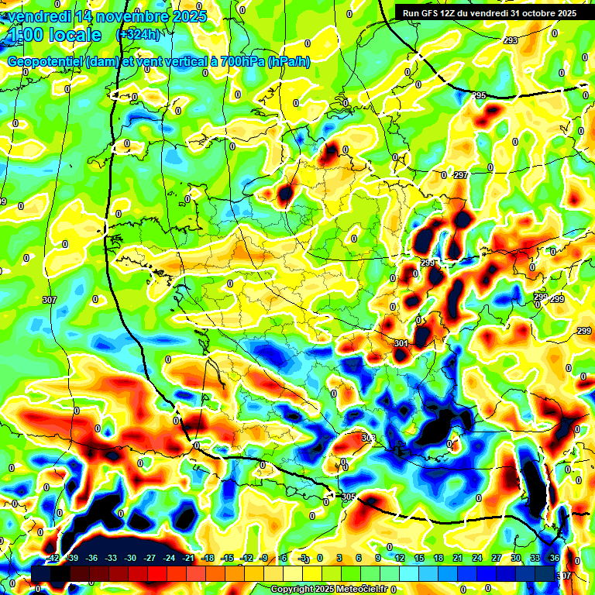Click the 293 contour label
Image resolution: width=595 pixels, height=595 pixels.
tap(511, 40)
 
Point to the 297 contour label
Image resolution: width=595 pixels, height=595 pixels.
tap(461, 176)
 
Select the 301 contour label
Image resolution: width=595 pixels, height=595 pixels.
tap(401, 343)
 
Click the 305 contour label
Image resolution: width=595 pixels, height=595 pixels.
tap(348, 497)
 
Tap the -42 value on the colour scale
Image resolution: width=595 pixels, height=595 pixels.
tap(53, 558)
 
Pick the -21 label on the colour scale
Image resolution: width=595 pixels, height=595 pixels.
tap(187, 558)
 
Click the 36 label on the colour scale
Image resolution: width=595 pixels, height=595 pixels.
tap(554, 558)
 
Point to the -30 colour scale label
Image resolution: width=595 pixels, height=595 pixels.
tap(130, 558)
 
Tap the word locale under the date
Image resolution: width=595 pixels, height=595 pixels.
tap(73, 36)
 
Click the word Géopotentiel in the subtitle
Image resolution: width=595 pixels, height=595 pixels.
tap(45, 62)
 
